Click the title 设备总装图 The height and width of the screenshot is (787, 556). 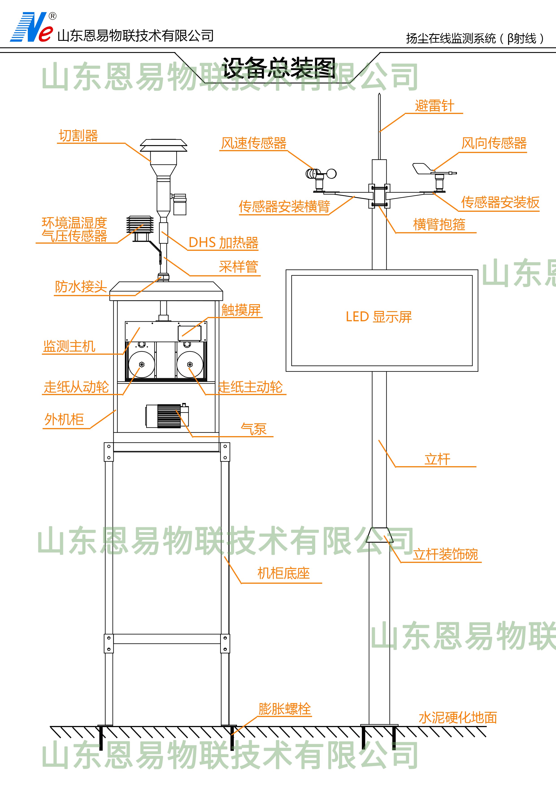(278, 68)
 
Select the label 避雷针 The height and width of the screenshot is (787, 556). (434, 106)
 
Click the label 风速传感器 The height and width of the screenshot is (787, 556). (254, 143)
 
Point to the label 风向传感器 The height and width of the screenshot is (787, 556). (494, 143)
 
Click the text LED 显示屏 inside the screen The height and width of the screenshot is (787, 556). (378, 317)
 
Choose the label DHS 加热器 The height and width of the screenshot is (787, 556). (223, 243)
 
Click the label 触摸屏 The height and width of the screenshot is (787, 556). (241, 310)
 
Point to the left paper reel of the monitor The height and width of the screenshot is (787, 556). (141, 364)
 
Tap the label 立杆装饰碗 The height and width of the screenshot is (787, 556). (445, 554)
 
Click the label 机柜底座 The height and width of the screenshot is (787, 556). (283, 573)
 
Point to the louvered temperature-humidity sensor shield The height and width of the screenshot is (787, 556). (140, 225)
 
